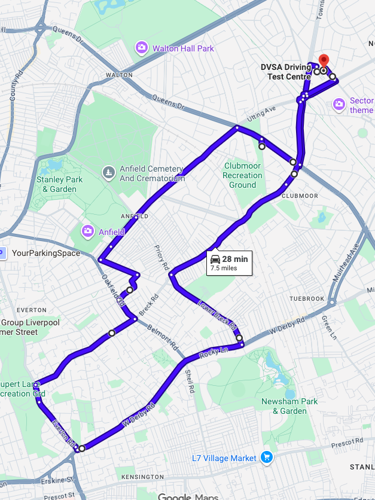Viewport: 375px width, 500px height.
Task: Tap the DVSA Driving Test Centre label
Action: pyautogui.click(x=286, y=72)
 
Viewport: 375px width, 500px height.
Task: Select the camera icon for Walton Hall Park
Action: pyautogui.click(x=142, y=47)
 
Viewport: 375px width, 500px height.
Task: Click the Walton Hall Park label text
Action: pyautogui.click(x=183, y=48)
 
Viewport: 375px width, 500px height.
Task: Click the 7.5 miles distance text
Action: pyautogui.click(x=224, y=269)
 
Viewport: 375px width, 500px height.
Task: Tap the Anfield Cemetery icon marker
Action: pyautogui.click(x=108, y=173)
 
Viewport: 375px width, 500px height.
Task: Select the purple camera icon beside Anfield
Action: pyautogui.click(x=88, y=231)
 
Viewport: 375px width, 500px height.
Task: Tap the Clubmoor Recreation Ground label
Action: pyautogui.click(x=242, y=175)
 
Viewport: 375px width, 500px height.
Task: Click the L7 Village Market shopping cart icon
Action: pyautogui.click(x=267, y=458)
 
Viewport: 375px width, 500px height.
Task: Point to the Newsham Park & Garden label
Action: pyautogui.click(x=284, y=406)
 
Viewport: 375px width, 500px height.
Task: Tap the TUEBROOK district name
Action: pyautogui.click(x=306, y=298)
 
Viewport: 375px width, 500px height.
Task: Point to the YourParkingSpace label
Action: pyautogui.click(x=45, y=253)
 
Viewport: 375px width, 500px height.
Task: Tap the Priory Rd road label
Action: pyautogui.click(x=162, y=258)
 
